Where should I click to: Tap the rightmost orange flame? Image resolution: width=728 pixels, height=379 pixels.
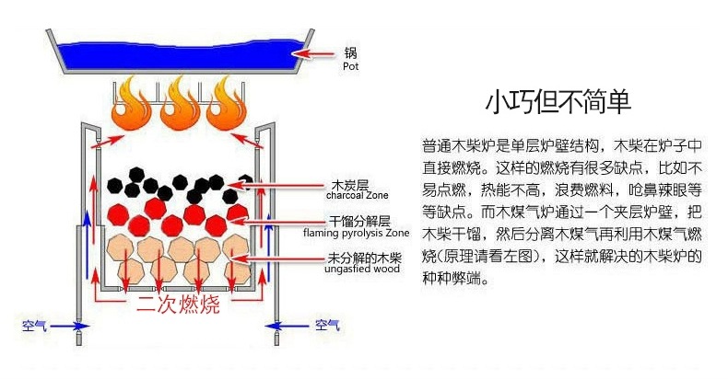(x=226, y=105)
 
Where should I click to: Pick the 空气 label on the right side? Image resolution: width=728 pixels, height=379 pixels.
(x=327, y=325)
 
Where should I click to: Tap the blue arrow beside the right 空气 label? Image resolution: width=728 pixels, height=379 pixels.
(x=291, y=326)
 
